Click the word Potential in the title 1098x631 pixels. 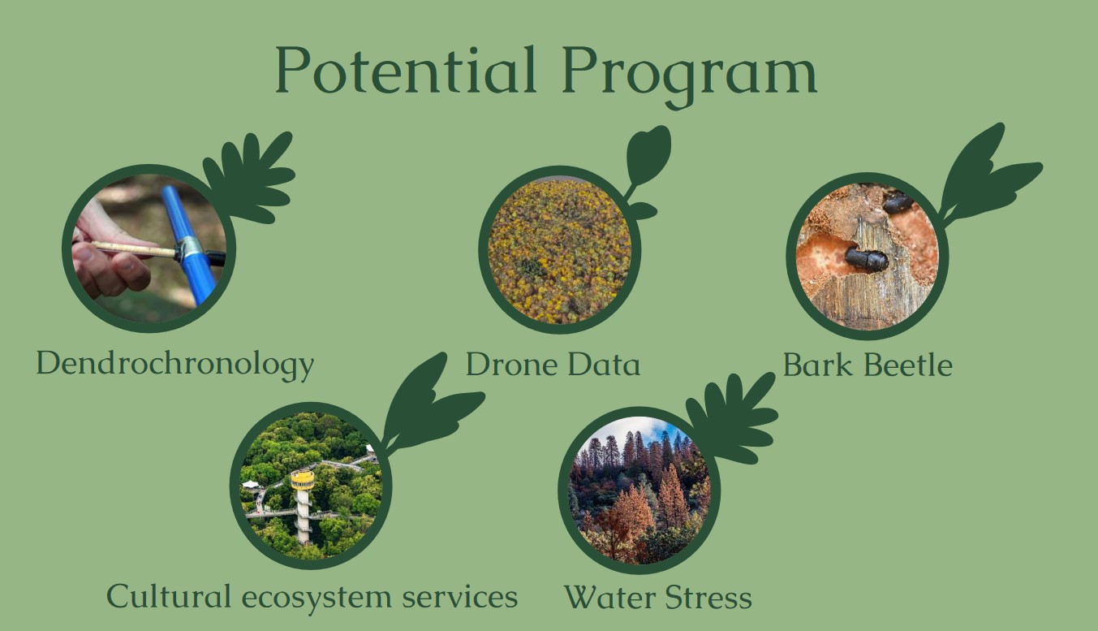tap(405, 70)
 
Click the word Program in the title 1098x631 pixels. tap(690, 76)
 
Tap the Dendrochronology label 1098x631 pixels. tap(175, 365)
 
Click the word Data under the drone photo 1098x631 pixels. tap(604, 365)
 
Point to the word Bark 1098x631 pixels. tap(817, 365)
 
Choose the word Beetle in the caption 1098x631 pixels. tap(908, 365)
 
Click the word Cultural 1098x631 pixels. tap(169, 596)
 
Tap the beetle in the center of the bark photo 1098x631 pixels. tap(866, 258)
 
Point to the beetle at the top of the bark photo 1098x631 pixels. tap(898, 201)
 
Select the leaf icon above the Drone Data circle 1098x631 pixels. tap(647, 169)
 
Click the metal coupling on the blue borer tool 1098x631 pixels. tap(187, 249)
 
